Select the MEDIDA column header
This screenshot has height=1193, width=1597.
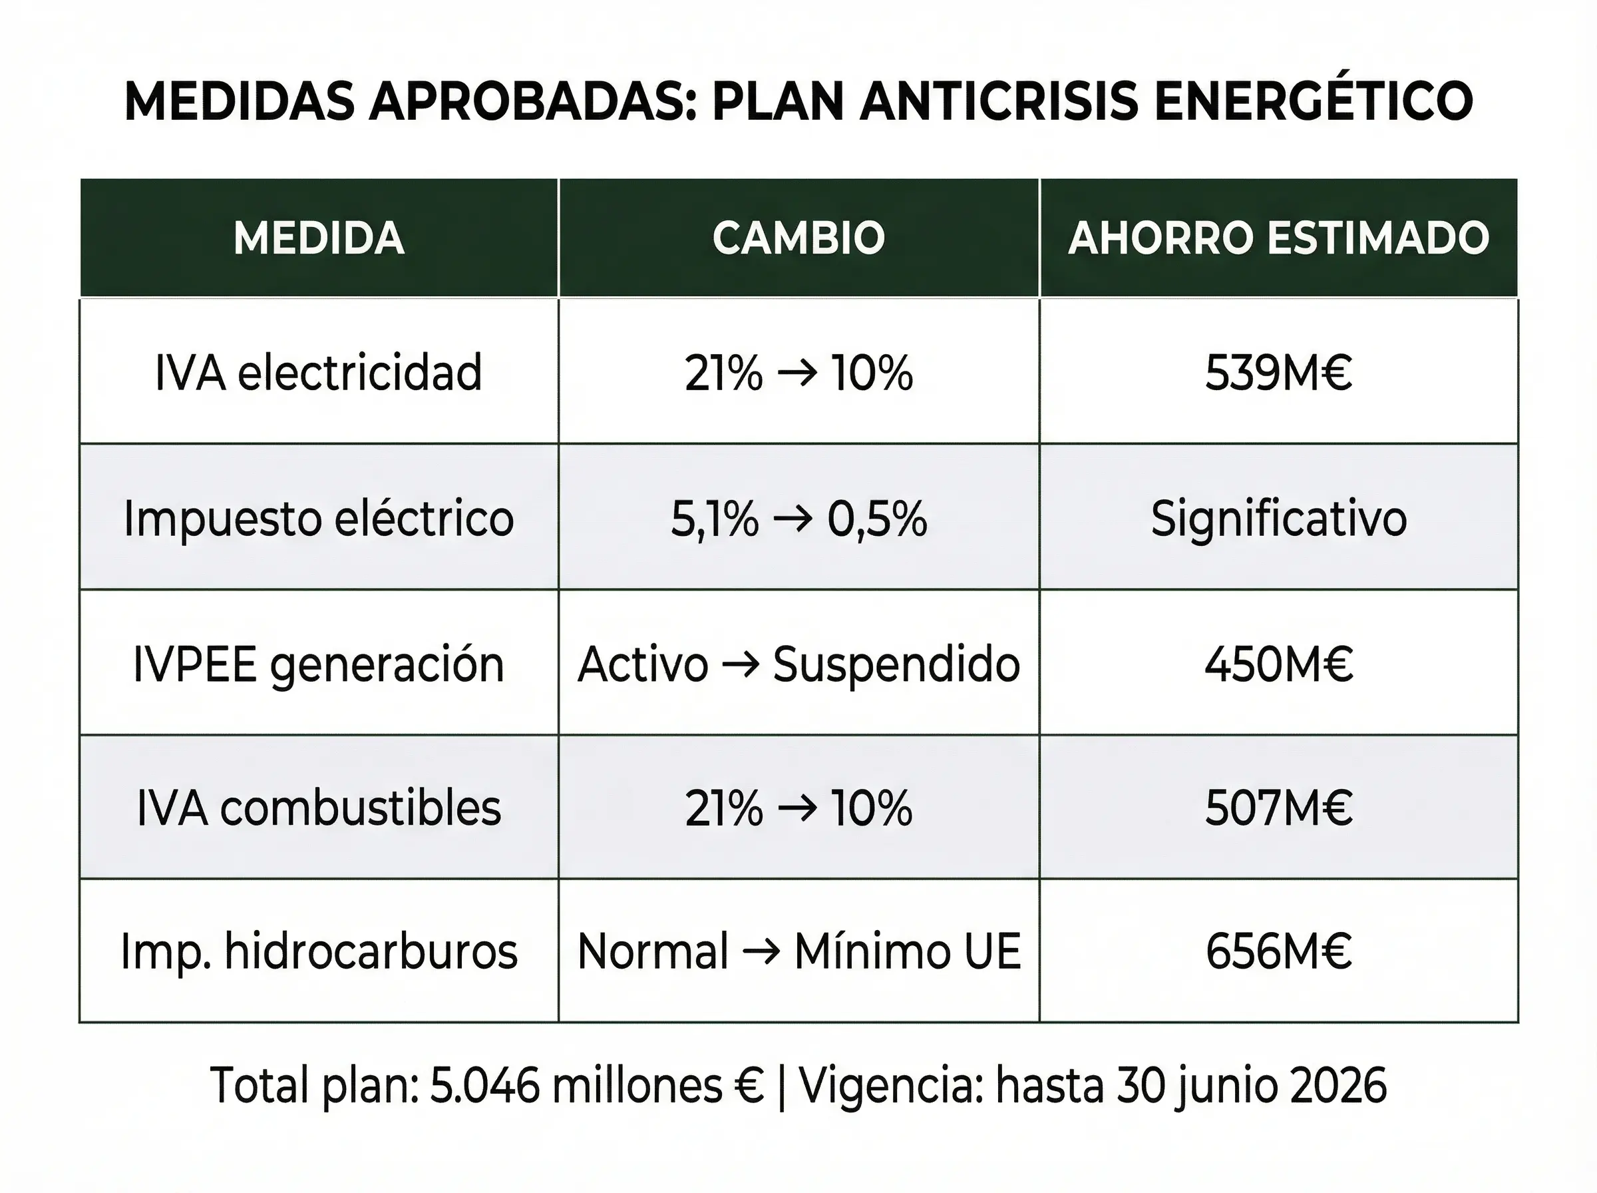pos(318,238)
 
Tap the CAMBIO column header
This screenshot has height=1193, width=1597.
pos(798,238)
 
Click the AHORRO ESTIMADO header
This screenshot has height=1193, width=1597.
pos(1278,238)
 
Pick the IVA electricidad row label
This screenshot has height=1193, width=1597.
pos(318,373)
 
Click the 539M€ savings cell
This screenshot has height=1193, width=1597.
pos(1278,373)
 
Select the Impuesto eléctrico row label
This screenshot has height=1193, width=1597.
pos(318,519)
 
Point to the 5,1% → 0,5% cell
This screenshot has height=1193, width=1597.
pos(798,519)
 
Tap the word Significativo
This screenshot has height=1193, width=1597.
pos(1278,519)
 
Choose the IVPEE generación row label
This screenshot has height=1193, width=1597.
pos(318,664)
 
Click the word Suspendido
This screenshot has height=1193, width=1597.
pos(896,664)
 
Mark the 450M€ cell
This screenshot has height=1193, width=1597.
pos(1278,664)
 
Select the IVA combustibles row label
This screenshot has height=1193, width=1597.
pos(318,808)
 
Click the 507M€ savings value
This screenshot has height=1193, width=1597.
pos(1278,808)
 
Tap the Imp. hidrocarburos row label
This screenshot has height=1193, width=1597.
pos(318,951)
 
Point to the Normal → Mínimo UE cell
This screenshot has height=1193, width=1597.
pos(798,951)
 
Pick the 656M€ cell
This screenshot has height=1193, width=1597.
pos(1278,951)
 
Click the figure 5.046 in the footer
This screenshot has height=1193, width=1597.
pos(484,1085)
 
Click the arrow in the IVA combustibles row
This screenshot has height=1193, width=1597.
pos(797,810)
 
